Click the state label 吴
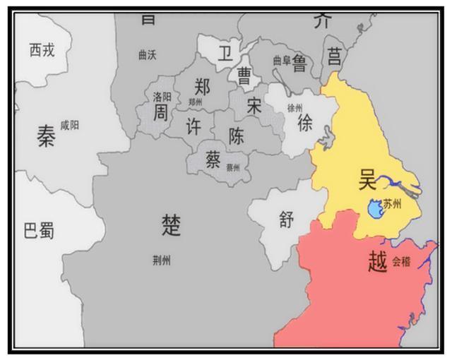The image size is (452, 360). (369, 179)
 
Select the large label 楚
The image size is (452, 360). (172, 225)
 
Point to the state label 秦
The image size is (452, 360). (46, 136)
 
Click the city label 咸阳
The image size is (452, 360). (70, 124)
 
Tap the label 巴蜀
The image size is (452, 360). (40, 230)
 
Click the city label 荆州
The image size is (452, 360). (161, 260)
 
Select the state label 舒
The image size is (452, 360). (285, 220)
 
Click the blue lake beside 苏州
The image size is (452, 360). (375, 208)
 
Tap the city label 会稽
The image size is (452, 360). (401, 261)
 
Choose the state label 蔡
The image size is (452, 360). (213, 159)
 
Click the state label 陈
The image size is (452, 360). (237, 136)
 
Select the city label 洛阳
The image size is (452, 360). (162, 96)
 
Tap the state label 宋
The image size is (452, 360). (255, 106)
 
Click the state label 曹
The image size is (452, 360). (244, 76)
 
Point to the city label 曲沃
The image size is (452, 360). (148, 55)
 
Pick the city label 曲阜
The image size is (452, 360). (282, 61)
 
